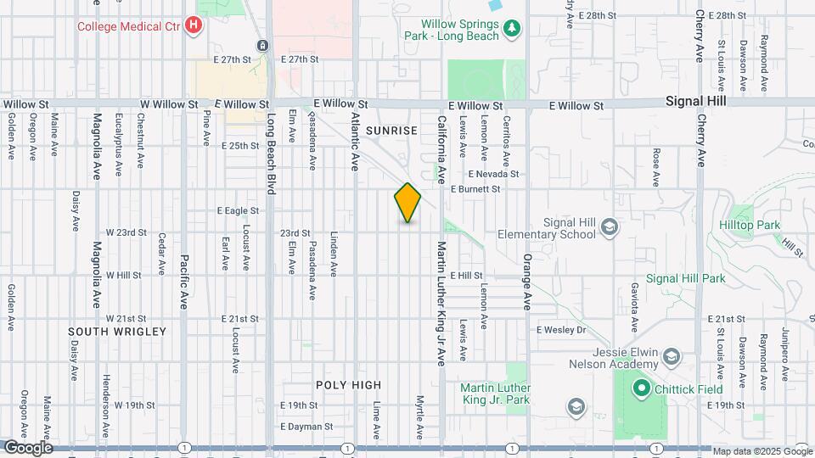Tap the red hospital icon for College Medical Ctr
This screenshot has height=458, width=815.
pyautogui.click(x=194, y=25)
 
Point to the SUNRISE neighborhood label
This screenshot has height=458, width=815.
pyautogui.click(x=391, y=131)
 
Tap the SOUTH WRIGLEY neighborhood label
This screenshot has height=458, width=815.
pyautogui.click(x=117, y=331)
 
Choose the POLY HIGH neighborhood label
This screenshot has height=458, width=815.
pyautogui.click(x=348, y=384)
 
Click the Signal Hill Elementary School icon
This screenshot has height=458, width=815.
pyautogui.click(x=609, y=226)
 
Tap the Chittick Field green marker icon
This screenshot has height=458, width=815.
pyautogui.click(x=640, y=389)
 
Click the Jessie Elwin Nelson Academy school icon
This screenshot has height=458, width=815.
pyautogui.click(x=672, y=355)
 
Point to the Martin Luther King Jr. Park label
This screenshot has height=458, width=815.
pyautogui.click(x=495, y=394)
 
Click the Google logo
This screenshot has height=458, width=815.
pyautogui.click(x=28, y=447)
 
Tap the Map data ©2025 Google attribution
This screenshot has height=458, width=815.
pyautogui.click(x=762, y=451)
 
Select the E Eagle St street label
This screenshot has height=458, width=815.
pyautogui.click(x=238, y=210)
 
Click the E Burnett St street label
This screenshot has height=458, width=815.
pyautogui.click(x=475, y=189)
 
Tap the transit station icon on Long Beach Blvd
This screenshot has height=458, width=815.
pyautogui.click(x=262, y=45)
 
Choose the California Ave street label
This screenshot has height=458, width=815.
pyautogui.click(x=441, y=149)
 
